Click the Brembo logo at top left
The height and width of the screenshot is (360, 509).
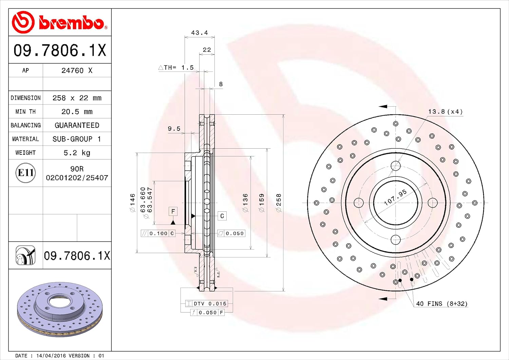pos(60,22)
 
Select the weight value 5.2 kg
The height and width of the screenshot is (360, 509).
pos(77,153)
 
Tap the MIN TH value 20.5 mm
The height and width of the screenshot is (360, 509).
pos(77,112)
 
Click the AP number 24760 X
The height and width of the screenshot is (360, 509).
pos(77,71)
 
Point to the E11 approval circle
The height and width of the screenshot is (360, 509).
pos(25,173)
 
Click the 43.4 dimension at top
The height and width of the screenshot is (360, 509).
pos(200,33)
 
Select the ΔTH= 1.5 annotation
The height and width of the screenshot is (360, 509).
pos(176,68)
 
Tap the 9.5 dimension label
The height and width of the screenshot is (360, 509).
pos(174,129)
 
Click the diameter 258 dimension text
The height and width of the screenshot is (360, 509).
pos(279,203)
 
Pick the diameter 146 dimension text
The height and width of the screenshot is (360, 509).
pos(132,203)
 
